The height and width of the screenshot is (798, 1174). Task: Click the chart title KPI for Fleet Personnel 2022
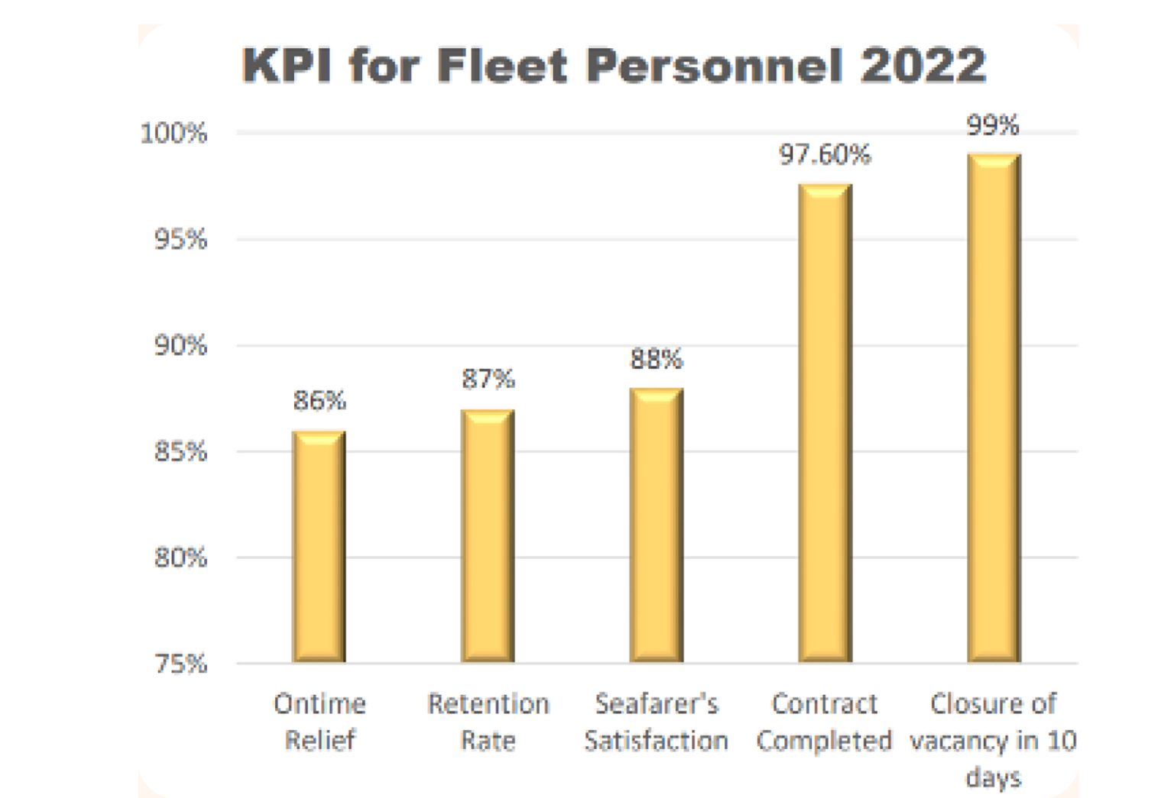[614, 65]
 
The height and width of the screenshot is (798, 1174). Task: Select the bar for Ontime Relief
[319, 546]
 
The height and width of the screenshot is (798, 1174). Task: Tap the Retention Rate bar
[488, 535]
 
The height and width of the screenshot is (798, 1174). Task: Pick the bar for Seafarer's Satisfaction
[657, 525]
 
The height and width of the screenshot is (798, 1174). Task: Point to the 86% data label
[319, 400]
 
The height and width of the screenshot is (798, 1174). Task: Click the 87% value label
[488, 379]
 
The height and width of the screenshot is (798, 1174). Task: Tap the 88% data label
[657, 358]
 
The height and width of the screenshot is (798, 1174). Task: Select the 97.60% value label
[825, 155]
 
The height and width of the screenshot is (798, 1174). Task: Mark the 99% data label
[993, 125]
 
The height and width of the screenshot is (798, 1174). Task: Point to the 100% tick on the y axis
[174, 134]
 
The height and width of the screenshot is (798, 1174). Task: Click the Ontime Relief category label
[319, 722]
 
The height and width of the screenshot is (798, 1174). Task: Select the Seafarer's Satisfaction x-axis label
[657, 722]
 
